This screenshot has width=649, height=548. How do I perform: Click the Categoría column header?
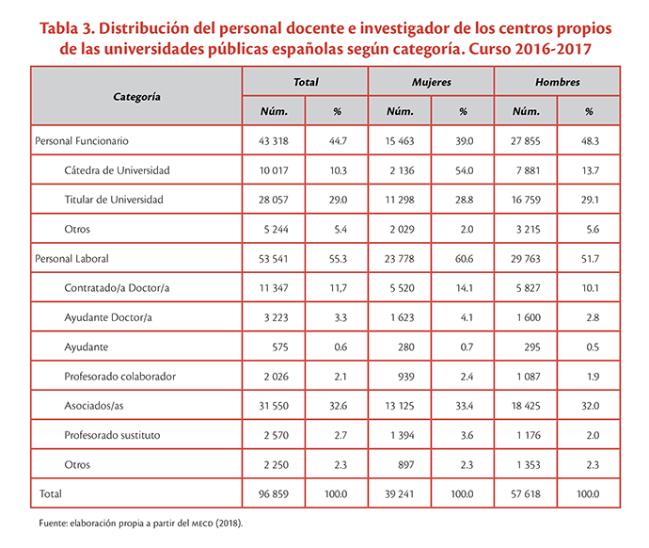coord(136,97)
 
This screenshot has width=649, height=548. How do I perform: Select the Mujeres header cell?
coord(432,82)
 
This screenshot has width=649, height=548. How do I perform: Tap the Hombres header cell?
coord(558,82)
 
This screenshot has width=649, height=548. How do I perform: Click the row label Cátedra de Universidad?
coord(117,170)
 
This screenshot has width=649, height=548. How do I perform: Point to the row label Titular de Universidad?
coord(114,200)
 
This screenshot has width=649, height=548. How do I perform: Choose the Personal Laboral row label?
coord(71,259)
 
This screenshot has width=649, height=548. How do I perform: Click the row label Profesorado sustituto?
coord(112,435)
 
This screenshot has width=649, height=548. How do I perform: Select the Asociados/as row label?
coord(93,406)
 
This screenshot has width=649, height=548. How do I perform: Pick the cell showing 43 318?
coord(273,141)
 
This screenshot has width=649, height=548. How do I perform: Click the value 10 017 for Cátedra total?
coord(273,170)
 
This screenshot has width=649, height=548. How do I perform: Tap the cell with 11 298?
coord(400,200)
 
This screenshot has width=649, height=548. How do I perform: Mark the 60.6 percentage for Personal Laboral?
coord(464,259)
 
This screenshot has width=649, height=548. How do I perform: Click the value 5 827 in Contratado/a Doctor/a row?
coord(528,288)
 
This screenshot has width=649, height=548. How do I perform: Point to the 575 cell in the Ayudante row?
coord(279,347)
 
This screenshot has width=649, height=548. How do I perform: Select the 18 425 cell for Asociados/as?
coord(526,406)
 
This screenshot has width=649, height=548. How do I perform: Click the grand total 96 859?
coord(273,493)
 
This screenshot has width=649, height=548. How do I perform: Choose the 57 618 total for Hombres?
coord(526,493)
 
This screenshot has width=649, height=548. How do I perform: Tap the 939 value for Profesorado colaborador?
coord(406,376)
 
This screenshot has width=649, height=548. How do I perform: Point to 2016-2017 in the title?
coord(553,49)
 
